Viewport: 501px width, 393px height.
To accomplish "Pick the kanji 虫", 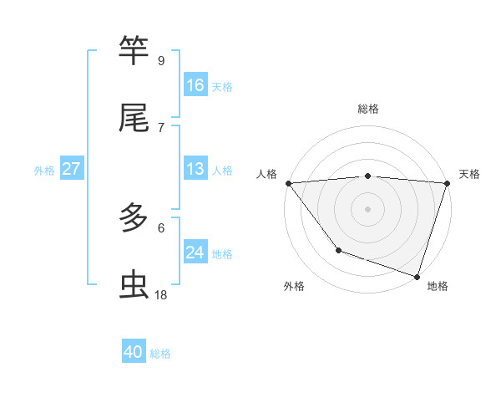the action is (134, 286).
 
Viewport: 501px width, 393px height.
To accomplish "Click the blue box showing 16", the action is (195, 85).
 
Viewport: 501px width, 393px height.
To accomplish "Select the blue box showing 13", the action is (195, 169).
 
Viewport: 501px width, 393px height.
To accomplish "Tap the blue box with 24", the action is (195, 253).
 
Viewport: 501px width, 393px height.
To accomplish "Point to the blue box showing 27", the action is (71, 169).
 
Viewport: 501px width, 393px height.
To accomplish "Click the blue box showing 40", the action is (134, 352).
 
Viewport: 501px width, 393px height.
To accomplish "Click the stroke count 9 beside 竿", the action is (161, 60).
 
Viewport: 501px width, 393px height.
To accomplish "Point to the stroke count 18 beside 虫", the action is (161, 294).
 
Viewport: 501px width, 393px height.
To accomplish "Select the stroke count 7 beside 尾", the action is (161, 127).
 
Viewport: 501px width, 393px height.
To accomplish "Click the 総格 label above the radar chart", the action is (367, 109).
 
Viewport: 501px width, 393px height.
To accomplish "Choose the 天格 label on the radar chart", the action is (469, 174).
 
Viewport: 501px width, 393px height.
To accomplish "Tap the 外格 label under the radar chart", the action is (294, 287).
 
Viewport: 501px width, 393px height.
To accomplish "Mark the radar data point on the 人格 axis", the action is (288, 182).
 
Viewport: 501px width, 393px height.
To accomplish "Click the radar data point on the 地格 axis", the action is (417, 276).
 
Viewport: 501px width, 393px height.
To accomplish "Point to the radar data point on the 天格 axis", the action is (447, 182).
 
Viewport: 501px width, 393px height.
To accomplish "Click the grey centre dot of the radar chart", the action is (367, 208).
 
